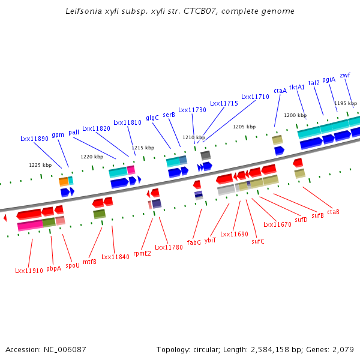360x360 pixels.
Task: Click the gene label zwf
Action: click(x=345, y=75)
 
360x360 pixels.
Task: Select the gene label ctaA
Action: click(x=280, y=91)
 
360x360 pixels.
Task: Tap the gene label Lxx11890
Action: click(x=34, y=139)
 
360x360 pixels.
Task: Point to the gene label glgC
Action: click(x=152, y=118)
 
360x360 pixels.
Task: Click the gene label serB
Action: click(x=169, y=115)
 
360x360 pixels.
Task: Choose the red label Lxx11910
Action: click(x=29, y=271)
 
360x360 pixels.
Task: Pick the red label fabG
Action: click(x=194, y=242)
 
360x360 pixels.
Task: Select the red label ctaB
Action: click(x=334, y=212)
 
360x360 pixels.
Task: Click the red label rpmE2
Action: click(x=142, y=253)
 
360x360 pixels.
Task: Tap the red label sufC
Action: click(x=258, y=241)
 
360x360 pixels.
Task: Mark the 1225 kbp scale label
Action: click(x=40, y=165)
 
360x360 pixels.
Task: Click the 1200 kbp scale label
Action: click(x=295, y=115)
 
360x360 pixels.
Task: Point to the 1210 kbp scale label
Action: click(x=194, y=137)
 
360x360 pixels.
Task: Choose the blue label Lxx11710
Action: click(x=256, y=97)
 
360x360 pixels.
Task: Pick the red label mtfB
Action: click(x=89, y=262)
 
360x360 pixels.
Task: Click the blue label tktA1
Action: click(x=297, y=87)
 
